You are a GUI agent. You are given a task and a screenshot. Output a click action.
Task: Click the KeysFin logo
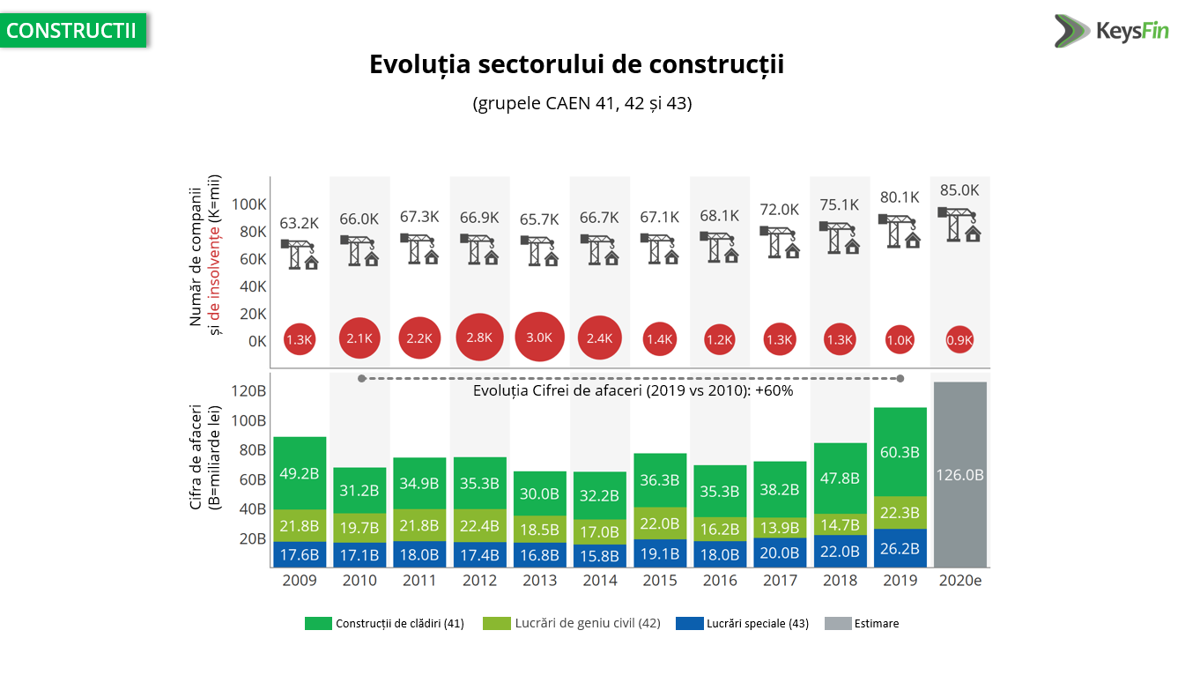pyautogui.click(x=1111, y=31)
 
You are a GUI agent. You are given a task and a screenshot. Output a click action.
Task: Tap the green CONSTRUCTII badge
pyautogui.click(x=72, y=30)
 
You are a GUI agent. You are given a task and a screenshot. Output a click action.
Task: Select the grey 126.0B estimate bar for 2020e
pyautogui.click(x=959, y=474)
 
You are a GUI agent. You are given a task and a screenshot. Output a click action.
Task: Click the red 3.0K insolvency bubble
pyautogui.click(x=539, y=337)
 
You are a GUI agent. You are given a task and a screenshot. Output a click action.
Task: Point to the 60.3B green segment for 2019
pyautogui.click(x=900, y=452)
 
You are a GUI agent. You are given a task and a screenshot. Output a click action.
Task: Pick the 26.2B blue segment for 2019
pyautogui.click(x=900, y=548)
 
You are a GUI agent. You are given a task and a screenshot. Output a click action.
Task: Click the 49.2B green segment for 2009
pyautogui.click(x=300, y=473)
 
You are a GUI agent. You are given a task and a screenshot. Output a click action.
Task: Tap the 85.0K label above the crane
pyautogui.click(x=959, y=189)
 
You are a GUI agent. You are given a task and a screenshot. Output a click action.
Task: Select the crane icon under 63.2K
pyautogui.click(x=300, y=254)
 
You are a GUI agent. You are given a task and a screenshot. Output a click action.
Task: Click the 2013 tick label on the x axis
pyautogui.click(x=539, y=581)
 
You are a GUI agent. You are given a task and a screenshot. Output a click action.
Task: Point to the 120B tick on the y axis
pyautogui.click(x=249, y=391)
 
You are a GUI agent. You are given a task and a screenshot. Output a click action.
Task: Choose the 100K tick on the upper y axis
pyautogui.click(x=248, y=204)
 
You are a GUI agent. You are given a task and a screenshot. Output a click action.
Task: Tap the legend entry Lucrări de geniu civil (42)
pyautogui.click(x=572, y=623)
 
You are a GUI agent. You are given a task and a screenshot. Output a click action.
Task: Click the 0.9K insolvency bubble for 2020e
pyautogui.click(x=959, y=339)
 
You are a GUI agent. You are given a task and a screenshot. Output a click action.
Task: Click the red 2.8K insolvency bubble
pyautogui.click(x=479, y=337)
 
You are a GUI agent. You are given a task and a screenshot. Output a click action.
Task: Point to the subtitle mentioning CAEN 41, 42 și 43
pyautogui.click(x=582, y=103)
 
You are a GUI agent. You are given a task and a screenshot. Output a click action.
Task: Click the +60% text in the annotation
pyautogui.click(x=774, y=390)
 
